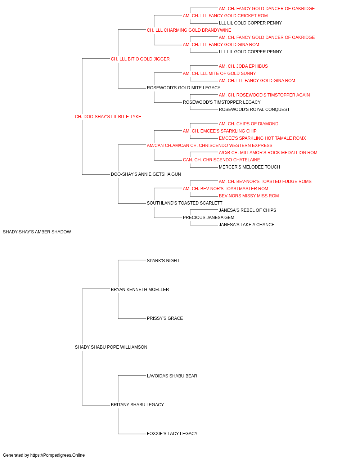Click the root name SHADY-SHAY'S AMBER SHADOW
(37, 232)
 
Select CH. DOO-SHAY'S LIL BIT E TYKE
(108, 117)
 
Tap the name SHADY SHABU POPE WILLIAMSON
(111, 347)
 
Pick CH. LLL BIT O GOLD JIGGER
(140, 59)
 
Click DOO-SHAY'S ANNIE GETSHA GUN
(146, 174)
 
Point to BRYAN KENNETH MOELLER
(140, 289)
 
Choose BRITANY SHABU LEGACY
(138, 404)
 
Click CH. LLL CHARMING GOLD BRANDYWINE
(189, 30)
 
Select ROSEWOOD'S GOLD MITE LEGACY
(184, 88)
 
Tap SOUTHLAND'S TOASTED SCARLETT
(185, 203)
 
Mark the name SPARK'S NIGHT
(163, 260)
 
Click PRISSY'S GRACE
(165, 318)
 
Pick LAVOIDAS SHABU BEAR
(172, 376)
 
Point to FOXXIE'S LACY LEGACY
(172, 433)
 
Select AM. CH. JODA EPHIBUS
(243, 66)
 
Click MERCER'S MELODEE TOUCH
(249, 167)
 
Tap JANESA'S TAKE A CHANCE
(247, 225)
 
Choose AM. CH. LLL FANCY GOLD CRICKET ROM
(225, 16)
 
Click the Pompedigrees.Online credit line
(44, 455)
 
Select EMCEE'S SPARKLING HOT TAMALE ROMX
(262, 138)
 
